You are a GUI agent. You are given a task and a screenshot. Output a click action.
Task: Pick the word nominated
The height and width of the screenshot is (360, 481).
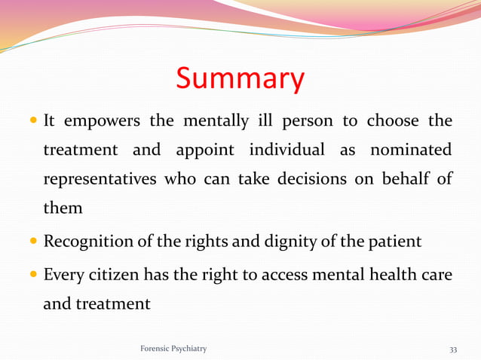coord(411,150)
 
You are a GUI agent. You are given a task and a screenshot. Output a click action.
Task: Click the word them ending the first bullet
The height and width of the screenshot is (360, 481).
coord(63,208)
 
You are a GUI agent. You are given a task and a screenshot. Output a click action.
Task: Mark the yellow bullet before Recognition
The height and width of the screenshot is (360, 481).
coord(33,243)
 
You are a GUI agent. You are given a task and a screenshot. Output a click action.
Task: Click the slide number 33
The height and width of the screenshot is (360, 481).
coord(453,349)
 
